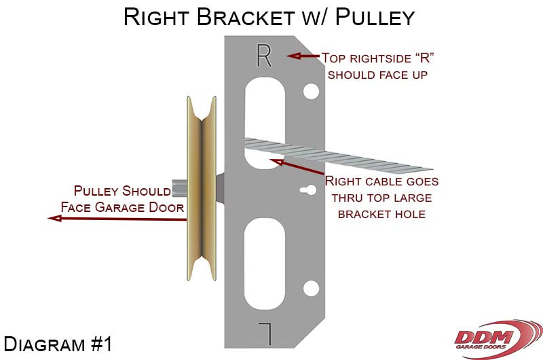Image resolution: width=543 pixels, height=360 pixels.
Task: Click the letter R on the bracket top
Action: [x=264, y=56]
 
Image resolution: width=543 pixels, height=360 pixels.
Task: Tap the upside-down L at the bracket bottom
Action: [x=264, y=332]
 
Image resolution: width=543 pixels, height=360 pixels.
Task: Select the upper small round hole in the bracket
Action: [x=311, y=90]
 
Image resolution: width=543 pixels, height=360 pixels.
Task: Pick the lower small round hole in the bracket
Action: [x=311, y=289]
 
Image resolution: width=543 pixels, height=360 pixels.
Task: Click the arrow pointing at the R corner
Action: [x=302, y=56]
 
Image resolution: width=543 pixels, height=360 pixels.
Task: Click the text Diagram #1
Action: [x=58, y=344]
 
